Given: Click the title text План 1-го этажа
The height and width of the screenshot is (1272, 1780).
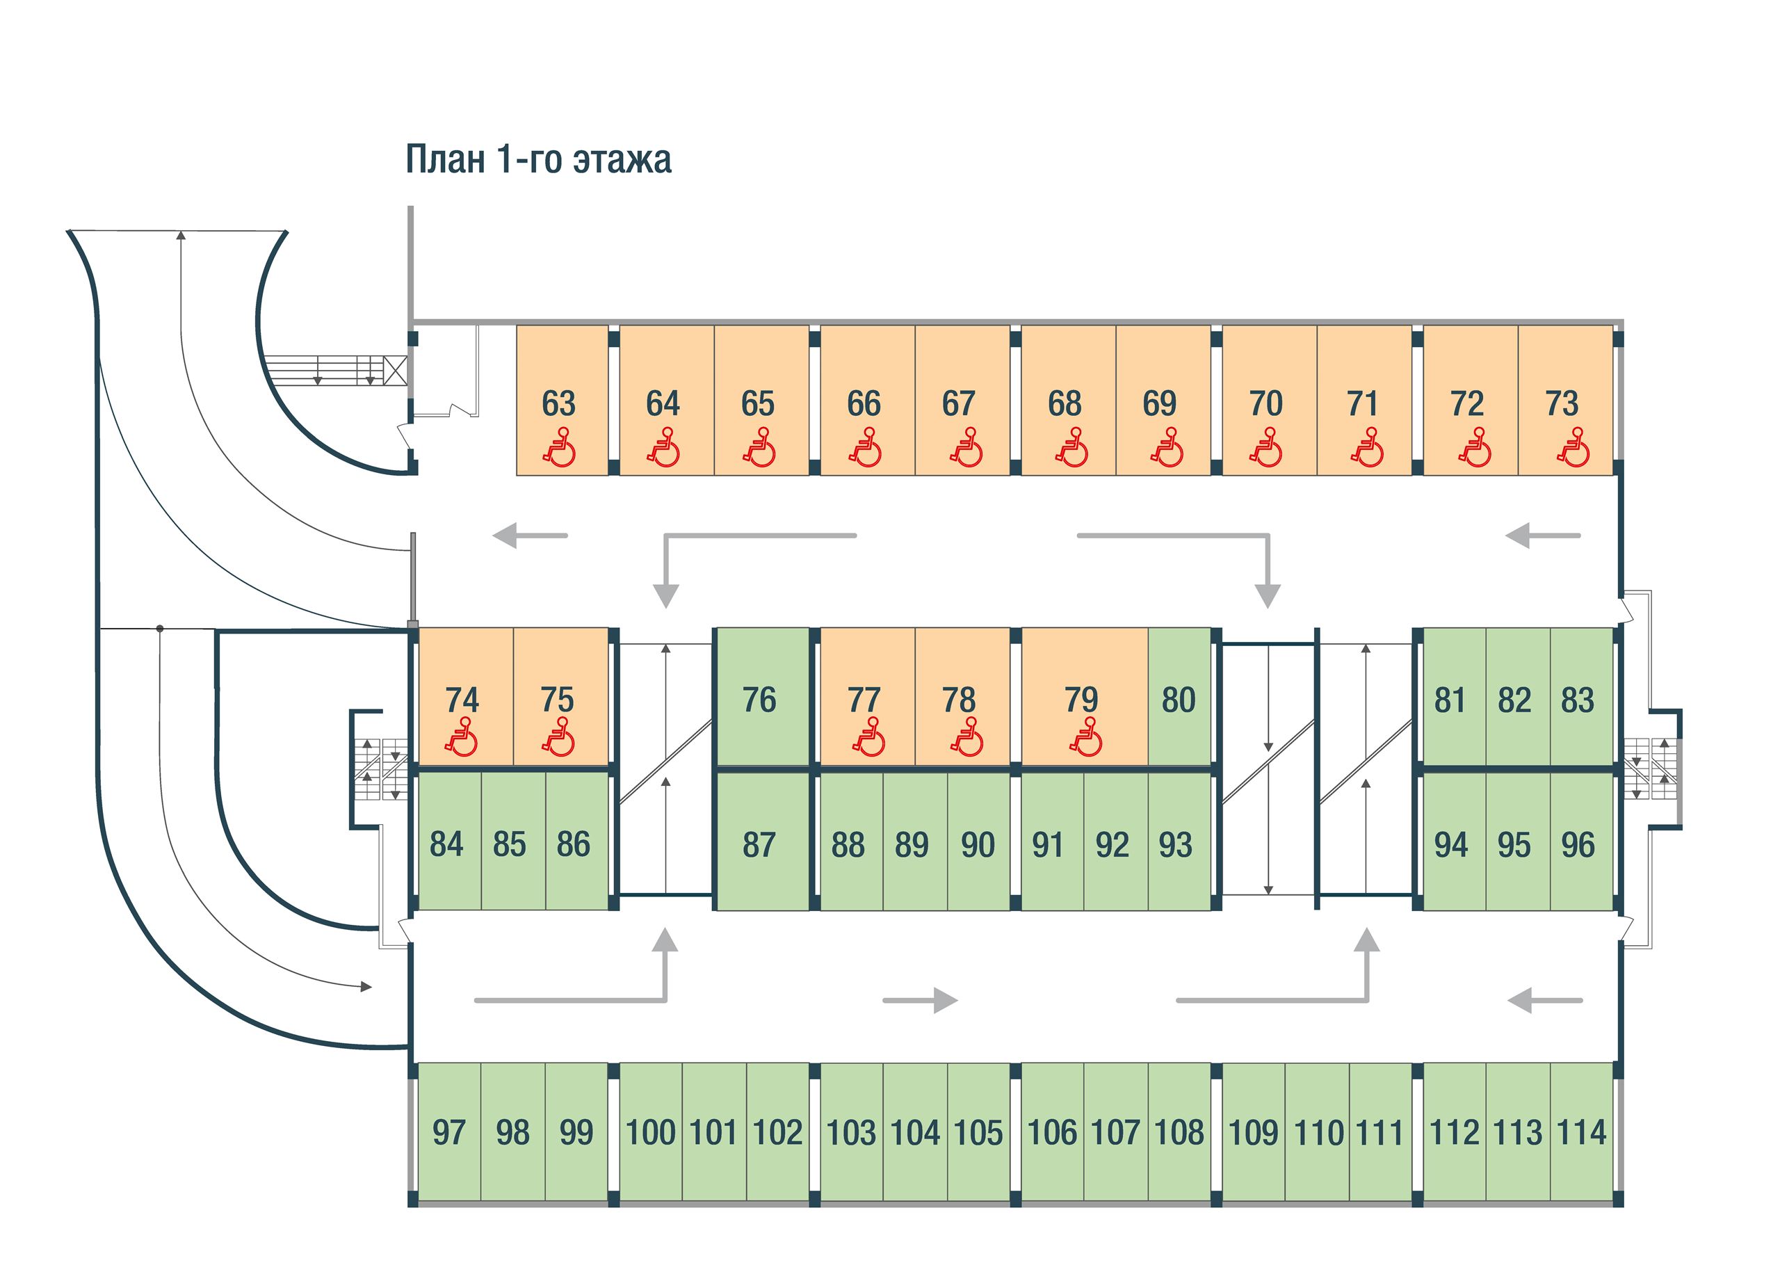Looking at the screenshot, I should [x=538, y=159].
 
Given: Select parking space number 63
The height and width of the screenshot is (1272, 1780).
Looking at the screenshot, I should [x=562, y=401].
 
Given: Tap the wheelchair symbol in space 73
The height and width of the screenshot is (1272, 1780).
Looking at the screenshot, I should [x=1573, y=448].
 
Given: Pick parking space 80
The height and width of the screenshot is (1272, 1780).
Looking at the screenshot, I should [x=1179, y=696].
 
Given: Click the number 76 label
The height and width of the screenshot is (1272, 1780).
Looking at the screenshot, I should [x=759, y=700].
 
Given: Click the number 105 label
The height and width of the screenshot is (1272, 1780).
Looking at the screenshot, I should [x=978, y=1133].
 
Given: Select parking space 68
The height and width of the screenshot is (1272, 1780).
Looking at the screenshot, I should [x=1067, y=401].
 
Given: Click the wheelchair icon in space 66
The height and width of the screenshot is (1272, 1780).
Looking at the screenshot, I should [x=864, y=448].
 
